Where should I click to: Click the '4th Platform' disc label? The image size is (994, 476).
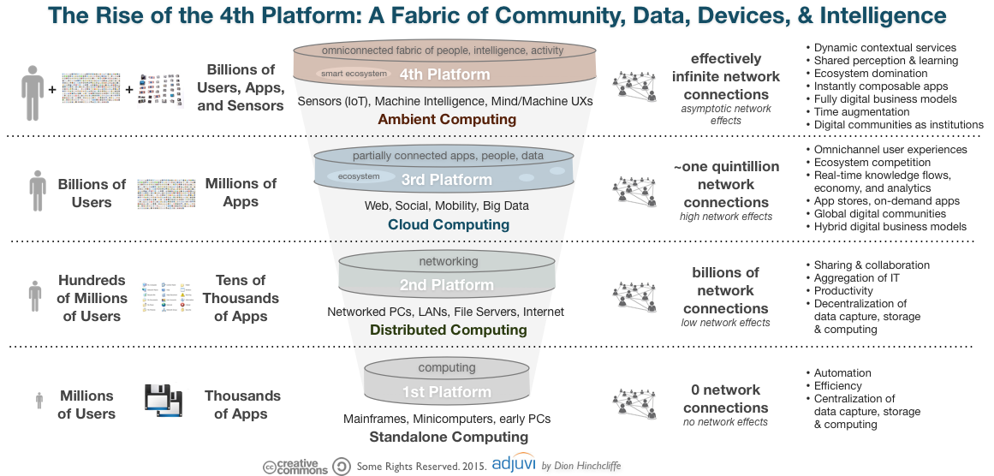[445, 74]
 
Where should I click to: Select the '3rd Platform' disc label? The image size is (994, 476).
[447, 180]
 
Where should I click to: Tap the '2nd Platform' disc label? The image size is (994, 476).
[447, 285]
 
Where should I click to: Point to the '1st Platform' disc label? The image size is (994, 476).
[447, 392]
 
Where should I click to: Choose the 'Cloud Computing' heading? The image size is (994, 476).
[448, 224]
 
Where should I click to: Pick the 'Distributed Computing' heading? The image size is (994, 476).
[448, 330]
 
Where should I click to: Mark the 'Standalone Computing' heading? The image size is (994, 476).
[448, 437]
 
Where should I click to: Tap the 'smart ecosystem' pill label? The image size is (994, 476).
[354, 74]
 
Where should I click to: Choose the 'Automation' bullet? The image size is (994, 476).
[842, 373]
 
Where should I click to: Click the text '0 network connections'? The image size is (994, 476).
[725, 399]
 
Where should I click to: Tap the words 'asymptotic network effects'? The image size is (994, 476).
[726, 115]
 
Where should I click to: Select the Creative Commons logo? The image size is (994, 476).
[295, 467]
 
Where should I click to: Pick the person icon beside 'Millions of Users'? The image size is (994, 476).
[39, 401]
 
